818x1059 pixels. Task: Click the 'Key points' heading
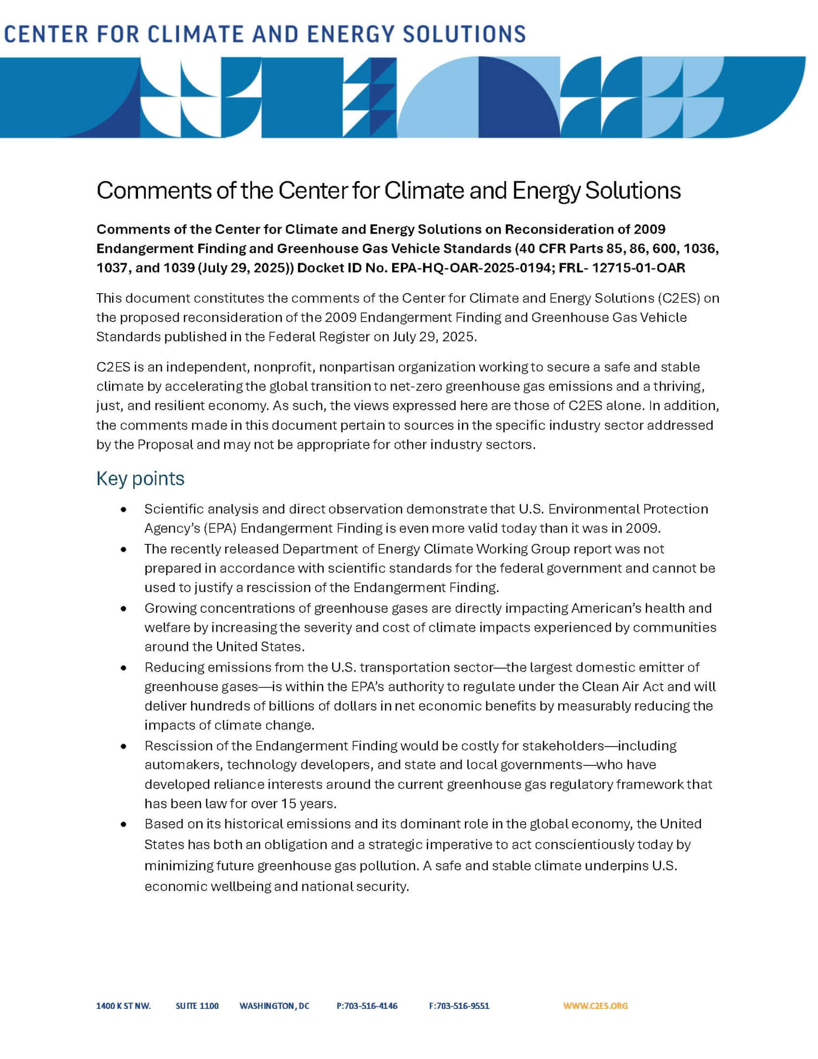click(x=140, y=478)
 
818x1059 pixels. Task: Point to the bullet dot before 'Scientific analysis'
click(x=123, y=510)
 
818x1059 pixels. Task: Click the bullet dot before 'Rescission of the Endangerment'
click(x=123, y=747)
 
